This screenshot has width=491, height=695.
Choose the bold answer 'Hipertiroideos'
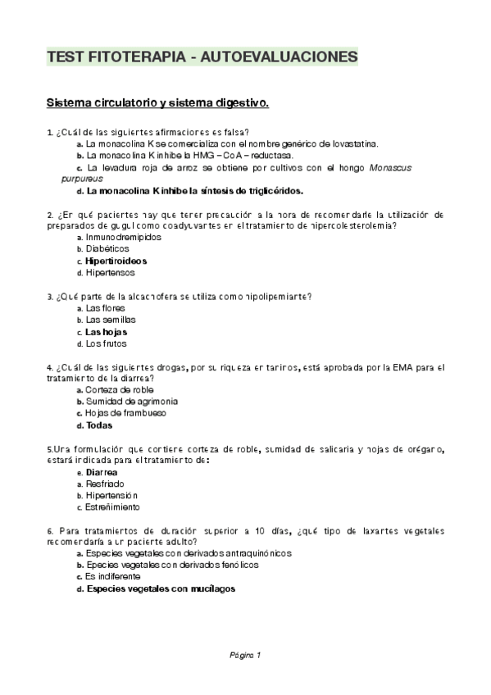click(x=116, y=261)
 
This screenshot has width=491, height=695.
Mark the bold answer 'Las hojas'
click(x=106, y=332)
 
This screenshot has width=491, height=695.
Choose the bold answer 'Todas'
click(x=98, y=425)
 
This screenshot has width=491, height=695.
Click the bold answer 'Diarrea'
click(x=101, y=473)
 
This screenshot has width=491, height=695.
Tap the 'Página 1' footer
click(x=244, y=654)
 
